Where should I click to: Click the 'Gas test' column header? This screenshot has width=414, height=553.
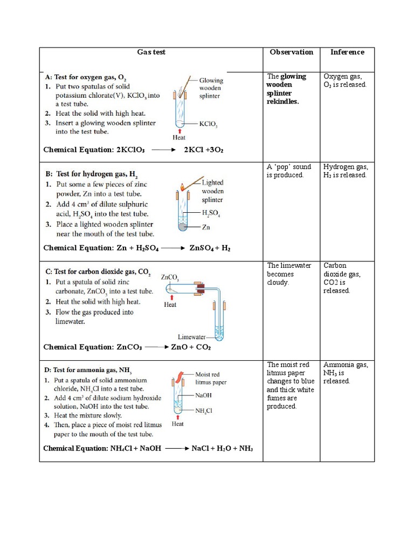coord(151,52)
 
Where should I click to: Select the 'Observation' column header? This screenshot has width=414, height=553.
coord(291,52)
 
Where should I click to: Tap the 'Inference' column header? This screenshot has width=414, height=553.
coord(347,52)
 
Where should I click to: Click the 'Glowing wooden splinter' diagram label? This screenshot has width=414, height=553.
coord(211,88)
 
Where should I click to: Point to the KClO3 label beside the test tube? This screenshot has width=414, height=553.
coord(208,124)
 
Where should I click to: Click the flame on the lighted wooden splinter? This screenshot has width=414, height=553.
coord(183,187)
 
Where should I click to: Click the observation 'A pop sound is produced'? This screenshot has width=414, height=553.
coord(288,171)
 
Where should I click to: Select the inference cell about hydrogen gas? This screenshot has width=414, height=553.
coord(344,171)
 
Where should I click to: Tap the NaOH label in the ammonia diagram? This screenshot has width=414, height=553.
coord(204,395)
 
